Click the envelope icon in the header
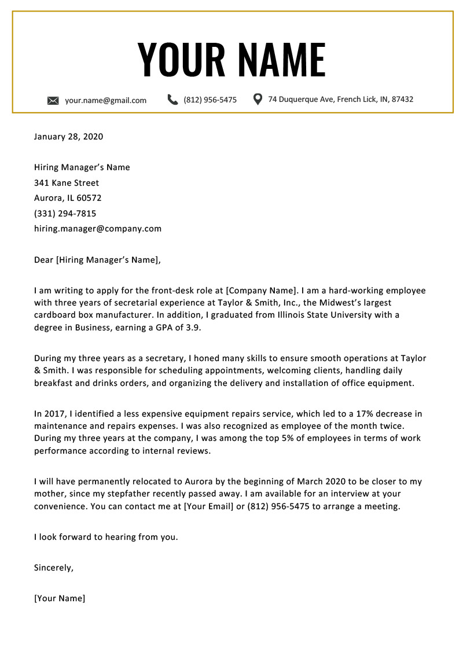click(x=53, y=101)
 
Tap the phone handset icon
click(x=172, y=100)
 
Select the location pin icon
click(x=258, y=99)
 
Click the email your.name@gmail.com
click(x=105, y=100)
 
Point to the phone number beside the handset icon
click(x=210, y=100)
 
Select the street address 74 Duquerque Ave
click(x=301, y=99)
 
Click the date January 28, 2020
click(x=68, y=137)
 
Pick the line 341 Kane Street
click(x=67, y=183)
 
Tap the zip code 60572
click(x=89, y=198)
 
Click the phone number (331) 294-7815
click(x=65, y=214)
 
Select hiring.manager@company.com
click(x=98, y=229)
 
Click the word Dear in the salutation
click(x=43, y=260)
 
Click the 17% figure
click(x=357, y=414)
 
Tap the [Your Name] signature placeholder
click(x=60, y=598)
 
